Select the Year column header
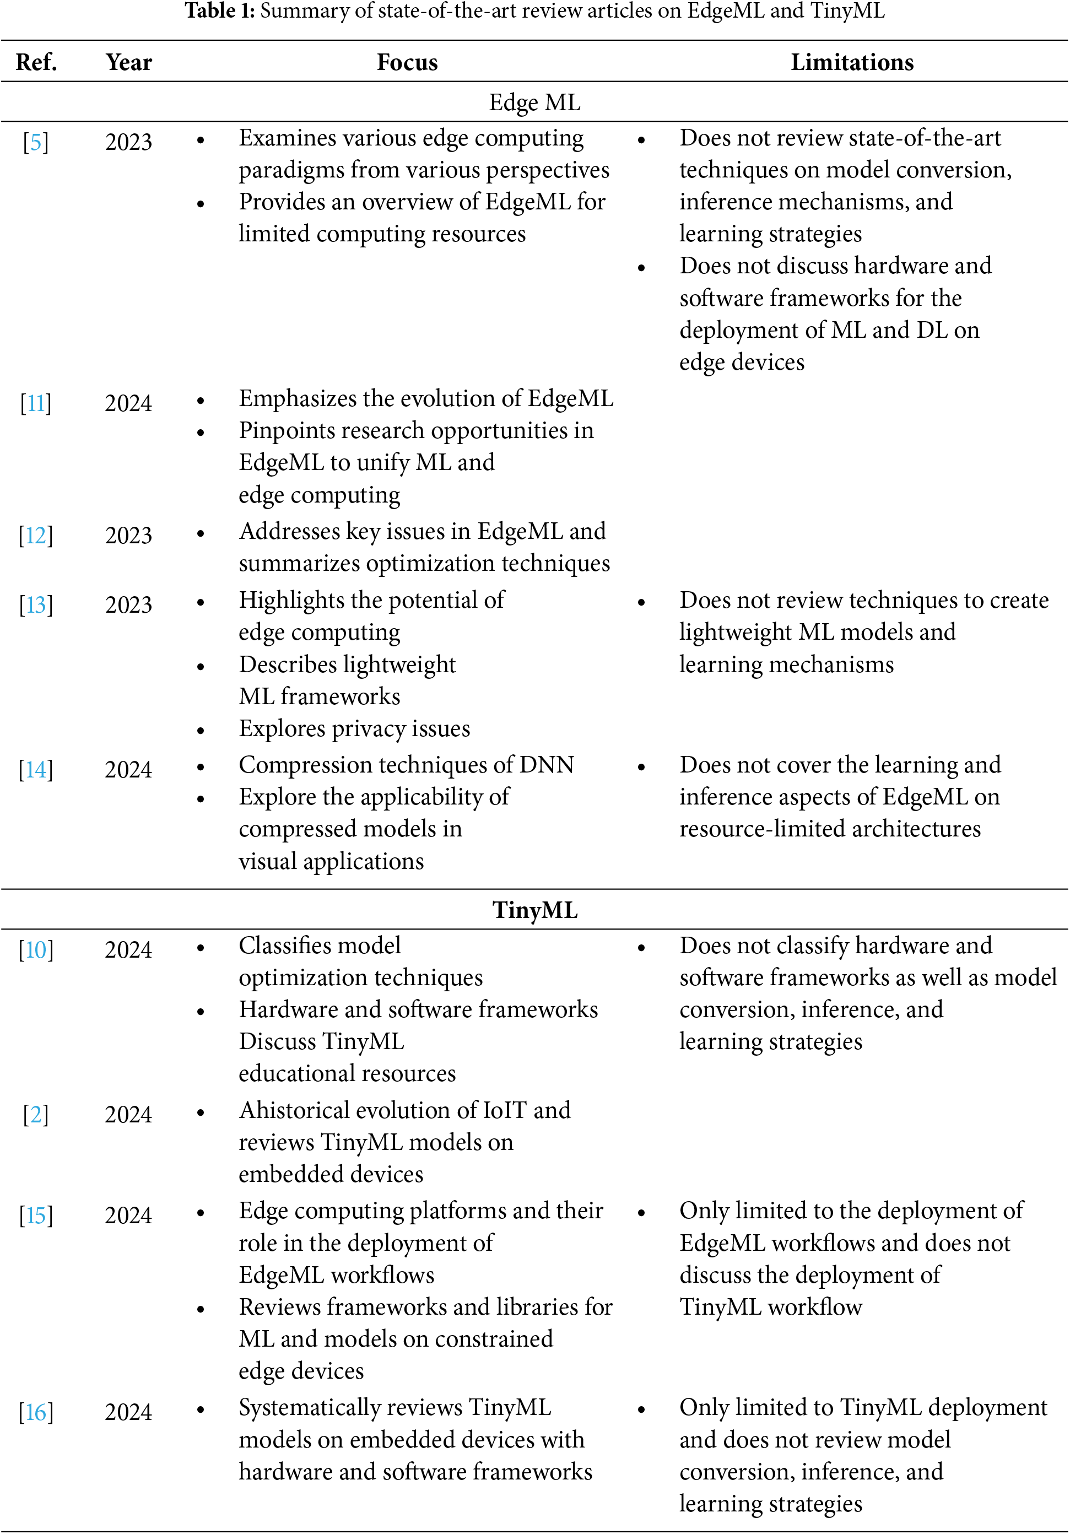click(x=128, y=62)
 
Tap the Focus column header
click(x=407, y=62)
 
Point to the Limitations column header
click(x=852, y=62)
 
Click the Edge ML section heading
click(x=534, y=102)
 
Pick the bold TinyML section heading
click(x=534, y=910)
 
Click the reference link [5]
click(x=36, y=142)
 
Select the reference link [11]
click(x=36, y=403)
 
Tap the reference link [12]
click(x=36, y=535)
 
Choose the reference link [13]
click(x=36, y=604)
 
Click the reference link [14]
click(x=36, y=770)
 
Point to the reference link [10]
click(x=36, y=949)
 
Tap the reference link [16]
click(x=36, y=1412)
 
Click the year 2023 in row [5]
click(x=128, y=142)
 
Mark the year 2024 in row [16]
click(x=128, y=1412)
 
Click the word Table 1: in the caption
click(x=220, y=10)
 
